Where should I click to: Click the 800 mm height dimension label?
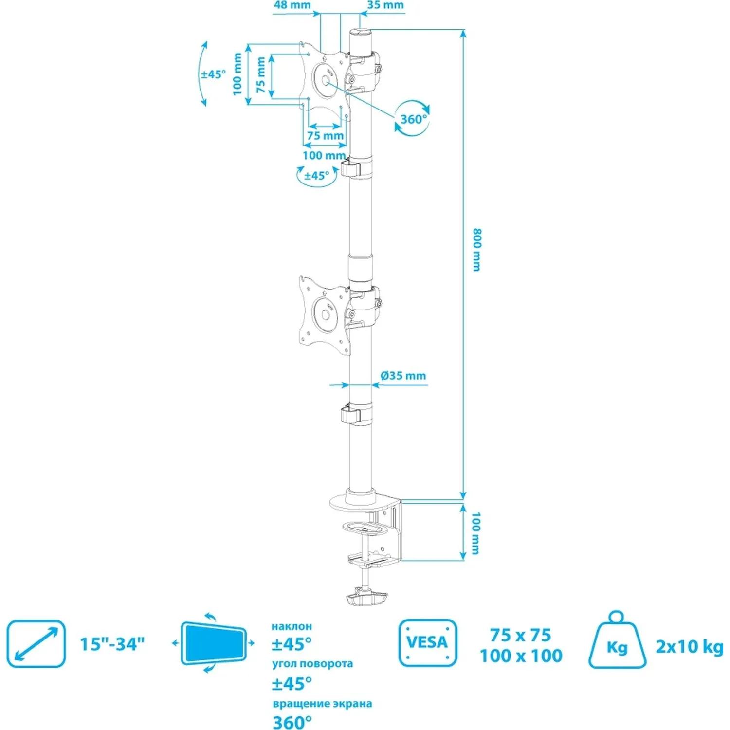[476, 250]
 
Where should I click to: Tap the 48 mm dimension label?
[292, 5]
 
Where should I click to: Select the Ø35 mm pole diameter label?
[403, 376]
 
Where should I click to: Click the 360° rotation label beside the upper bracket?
[413, 119]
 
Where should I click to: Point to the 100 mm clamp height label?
[476, 533]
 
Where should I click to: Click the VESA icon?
[427, 642]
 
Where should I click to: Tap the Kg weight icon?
[617, 641]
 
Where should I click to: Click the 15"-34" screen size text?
[112, 644]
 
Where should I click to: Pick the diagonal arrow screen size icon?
[36, 643]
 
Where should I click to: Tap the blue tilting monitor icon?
[213, 643]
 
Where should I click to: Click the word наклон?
[292, 626]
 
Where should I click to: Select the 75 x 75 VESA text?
[520, 635]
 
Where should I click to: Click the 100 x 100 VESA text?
[521, 656]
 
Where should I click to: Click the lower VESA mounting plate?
[324, 314]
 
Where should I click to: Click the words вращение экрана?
[322, 703]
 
